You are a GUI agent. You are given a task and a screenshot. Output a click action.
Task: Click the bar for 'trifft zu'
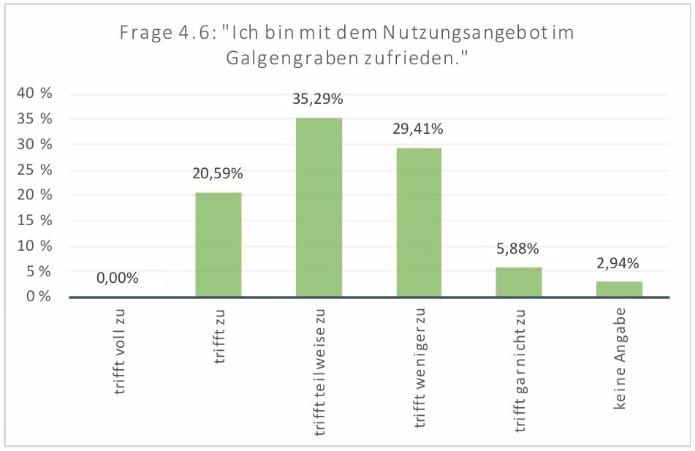point(219,245)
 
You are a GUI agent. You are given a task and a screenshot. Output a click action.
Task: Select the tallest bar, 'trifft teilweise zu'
point(319,208)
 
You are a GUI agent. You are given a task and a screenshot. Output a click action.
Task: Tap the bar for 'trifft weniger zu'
point(419,222)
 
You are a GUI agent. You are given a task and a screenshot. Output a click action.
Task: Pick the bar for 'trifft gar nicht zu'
point(519,282)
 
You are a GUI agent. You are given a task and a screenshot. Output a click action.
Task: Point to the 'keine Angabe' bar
point(619,289)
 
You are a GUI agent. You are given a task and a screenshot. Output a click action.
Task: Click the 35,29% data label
point(318,99)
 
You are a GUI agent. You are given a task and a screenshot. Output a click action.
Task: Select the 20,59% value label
point(219,174)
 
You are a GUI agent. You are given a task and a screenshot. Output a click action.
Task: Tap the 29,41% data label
point(418,129)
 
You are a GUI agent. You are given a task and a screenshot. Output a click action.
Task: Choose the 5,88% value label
point(519,249)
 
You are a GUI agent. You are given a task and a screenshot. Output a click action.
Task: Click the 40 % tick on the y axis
point(35,94)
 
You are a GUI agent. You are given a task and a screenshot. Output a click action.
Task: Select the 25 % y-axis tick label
point(35,170)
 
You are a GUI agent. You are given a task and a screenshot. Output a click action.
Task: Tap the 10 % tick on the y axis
point(35,246)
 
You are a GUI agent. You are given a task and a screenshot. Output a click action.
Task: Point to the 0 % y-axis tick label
point(39,296)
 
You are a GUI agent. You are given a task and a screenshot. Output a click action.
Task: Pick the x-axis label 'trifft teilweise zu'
point(320,372)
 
